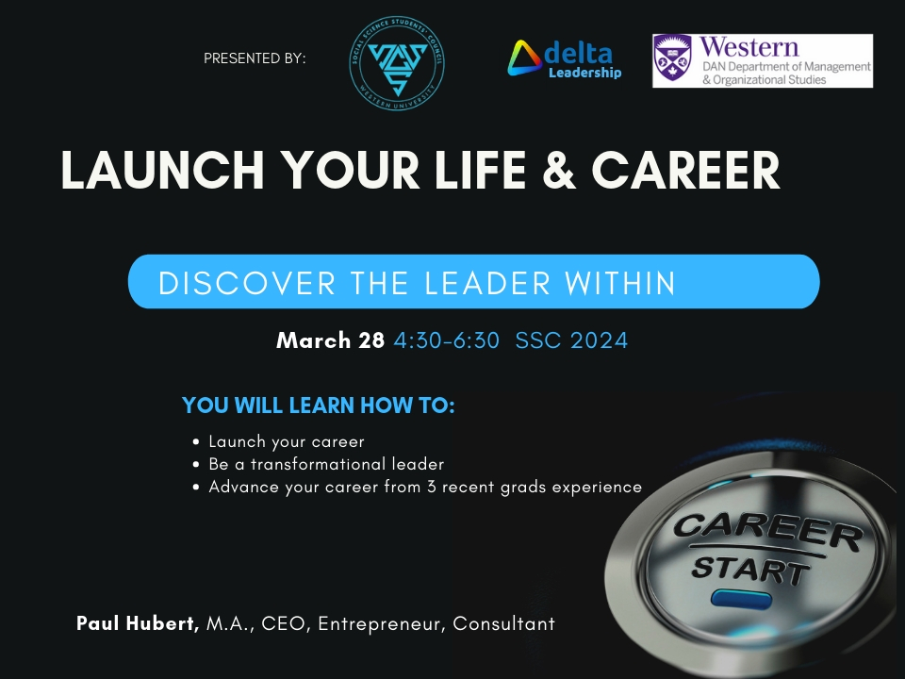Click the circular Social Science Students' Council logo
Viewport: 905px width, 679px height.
399,60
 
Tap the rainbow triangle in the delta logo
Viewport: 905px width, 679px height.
524,58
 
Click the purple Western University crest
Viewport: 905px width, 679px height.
672,60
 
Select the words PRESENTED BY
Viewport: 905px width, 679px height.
255,58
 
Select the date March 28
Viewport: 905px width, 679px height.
330,340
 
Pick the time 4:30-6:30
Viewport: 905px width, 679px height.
446,340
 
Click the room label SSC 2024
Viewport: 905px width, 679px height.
571,340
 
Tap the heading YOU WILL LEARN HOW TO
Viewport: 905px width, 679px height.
319,406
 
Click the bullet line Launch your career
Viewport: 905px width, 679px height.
287,441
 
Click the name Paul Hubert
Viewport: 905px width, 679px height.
138,623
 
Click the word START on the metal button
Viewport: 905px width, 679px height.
749,570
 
